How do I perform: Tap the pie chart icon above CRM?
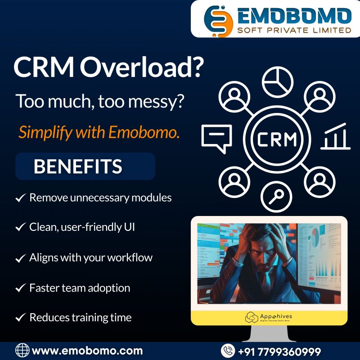tap(277, 82)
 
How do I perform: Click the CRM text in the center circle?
tap(277, 139)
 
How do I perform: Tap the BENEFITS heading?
tap(77, 166)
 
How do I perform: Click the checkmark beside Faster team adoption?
tap(20, 288)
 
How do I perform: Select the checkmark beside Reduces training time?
tap(20, 318)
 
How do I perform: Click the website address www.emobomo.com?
tap(87, 351)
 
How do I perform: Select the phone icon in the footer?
tap(228, 351)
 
